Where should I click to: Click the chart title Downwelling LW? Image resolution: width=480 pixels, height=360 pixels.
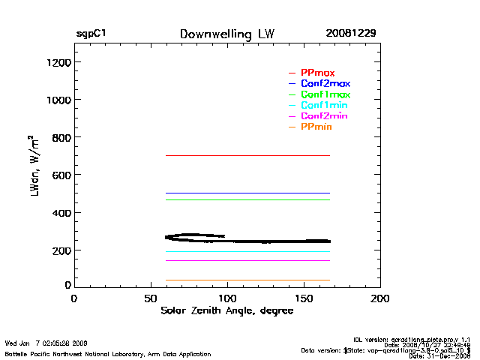pyautogui.click(x=227, y=34)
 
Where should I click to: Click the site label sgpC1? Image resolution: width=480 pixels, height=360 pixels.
pyautogui.click(x=91, y=34)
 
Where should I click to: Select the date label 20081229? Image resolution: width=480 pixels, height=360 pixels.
pyautogui.click(x=350, y=34)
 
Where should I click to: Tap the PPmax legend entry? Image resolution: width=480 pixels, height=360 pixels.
pyautogui.click(x=317, y=73)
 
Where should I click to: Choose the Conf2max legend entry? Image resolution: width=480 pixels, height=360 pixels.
pyautogui.click(x=325, y=83)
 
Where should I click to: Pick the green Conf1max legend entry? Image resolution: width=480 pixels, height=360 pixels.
pyautogui.click(x=325, y=94)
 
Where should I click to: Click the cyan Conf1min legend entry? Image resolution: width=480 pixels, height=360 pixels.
pyautogui.click(x=324, y=106)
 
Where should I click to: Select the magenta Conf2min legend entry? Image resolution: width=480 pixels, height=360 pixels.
pyautogui.click(x=324, y=116)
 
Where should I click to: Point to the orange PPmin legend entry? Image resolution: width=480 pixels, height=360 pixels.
pyautogui.click(x=316, y=127)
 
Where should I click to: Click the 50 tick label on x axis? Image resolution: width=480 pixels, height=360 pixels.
pyautogui.click(x=150, y=298)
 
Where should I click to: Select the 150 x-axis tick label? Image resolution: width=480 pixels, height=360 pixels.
pyautogui.click(x=304, y=298)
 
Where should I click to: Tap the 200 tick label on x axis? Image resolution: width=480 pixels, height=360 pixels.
pyautogui.click(x=380, y=298)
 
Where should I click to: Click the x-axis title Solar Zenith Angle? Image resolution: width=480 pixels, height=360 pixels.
pyautogui.click(x=227, y=311)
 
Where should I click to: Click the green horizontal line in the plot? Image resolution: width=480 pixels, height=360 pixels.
pyautogui.click(x=247, y=199)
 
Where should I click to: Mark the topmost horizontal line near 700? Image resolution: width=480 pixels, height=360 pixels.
pyautogui.click(x=247, y=155)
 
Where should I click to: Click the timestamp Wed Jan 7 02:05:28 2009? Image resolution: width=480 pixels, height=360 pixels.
pyautogui.click(x=46, y=343)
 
